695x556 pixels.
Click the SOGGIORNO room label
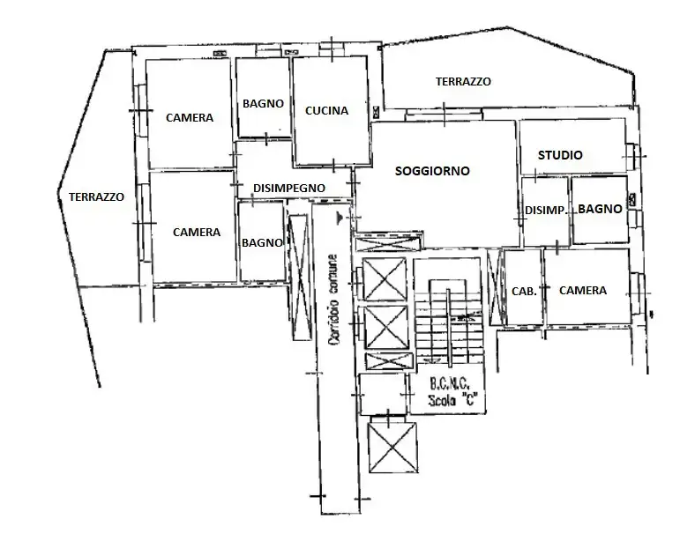click(431, 170)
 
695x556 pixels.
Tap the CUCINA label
click(326, 111)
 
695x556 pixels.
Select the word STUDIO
click(560, 155)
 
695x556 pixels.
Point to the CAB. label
click(522, 291)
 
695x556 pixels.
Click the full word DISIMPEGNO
click(289, 188)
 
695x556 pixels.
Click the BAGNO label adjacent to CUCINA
click(263, 103)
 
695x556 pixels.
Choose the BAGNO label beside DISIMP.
click(601, 210)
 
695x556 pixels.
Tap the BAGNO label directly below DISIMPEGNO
click(262, 242)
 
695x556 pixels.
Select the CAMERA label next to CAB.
click(582, 291)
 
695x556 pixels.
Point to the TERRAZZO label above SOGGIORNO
click(463, 81)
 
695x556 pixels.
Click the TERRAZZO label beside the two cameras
click(96, 196)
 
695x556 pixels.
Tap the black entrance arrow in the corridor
click(340, 215)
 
